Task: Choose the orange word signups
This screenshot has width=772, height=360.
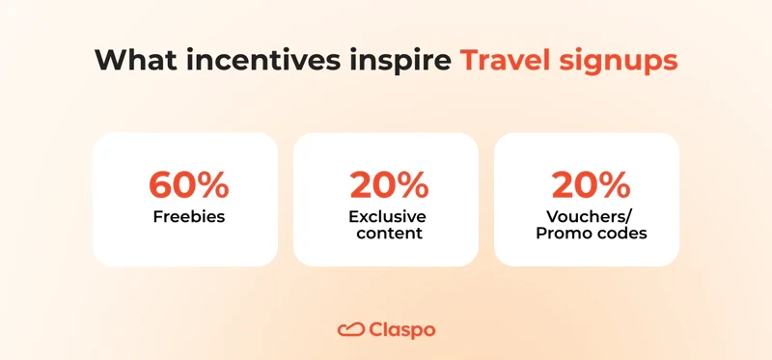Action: [x=620, y=60]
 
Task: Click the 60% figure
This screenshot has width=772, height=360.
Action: [x=188, y=184]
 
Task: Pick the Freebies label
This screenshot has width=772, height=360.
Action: [x=188, y=216]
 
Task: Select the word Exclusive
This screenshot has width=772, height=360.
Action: [x=387, y=215]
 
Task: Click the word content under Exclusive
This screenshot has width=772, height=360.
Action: [x=387, y=234]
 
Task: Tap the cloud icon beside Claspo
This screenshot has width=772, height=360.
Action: [x=349, y=329]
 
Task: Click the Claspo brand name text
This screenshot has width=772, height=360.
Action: [x=402, y=329]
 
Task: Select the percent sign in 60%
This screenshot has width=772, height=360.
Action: [x=212, y=184]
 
